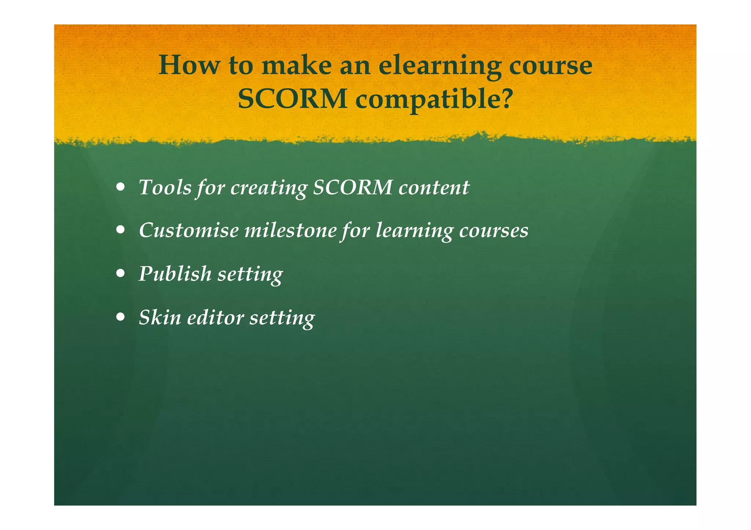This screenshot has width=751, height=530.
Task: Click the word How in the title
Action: pos(189,65)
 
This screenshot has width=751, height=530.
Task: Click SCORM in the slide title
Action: pos(292,99)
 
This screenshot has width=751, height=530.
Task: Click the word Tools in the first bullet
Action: pos(165,188)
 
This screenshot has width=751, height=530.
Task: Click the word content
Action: pos(433,188)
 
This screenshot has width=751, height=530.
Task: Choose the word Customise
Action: pos(188,230)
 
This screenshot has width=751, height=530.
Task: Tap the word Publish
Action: pos(175,274)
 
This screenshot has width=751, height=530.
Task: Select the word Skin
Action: pos(160,317)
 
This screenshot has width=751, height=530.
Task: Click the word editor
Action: pos(215,317)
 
